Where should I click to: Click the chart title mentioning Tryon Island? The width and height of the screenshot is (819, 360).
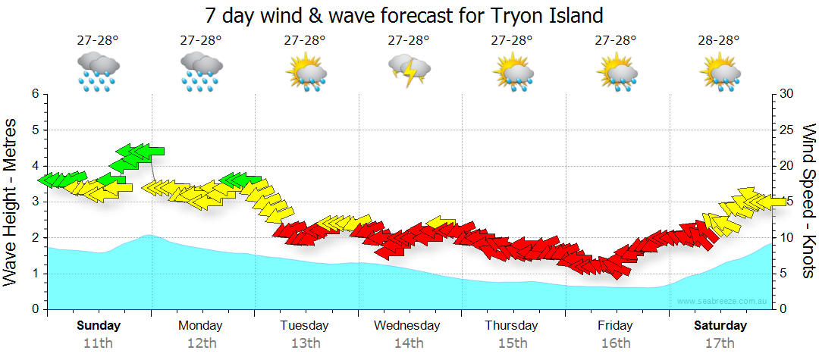[404, 15]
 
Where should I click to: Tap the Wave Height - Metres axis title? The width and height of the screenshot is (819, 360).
[13, 202]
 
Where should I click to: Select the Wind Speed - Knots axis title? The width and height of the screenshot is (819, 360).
[807, 202]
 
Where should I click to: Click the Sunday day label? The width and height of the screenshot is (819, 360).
[98, 326]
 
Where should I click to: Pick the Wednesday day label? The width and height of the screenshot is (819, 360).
[406, 326]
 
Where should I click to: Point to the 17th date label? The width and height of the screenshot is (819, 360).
[720, 343]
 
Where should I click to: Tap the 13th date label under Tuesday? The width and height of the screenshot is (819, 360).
[305, 343]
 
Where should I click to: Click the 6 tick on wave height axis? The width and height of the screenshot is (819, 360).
[35, 94]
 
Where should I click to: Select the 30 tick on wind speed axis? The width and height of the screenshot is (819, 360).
[786, 94]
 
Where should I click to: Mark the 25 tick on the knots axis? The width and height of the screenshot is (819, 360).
[786, 130]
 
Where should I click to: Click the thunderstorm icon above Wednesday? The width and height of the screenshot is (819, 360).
[409, 71]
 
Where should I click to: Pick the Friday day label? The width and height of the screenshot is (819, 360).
[615, 326]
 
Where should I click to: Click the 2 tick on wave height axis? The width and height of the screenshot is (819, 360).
[35, 237]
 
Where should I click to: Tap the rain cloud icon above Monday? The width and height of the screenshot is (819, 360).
[201, 71]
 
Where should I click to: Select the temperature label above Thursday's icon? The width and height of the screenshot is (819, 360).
[512, 41]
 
